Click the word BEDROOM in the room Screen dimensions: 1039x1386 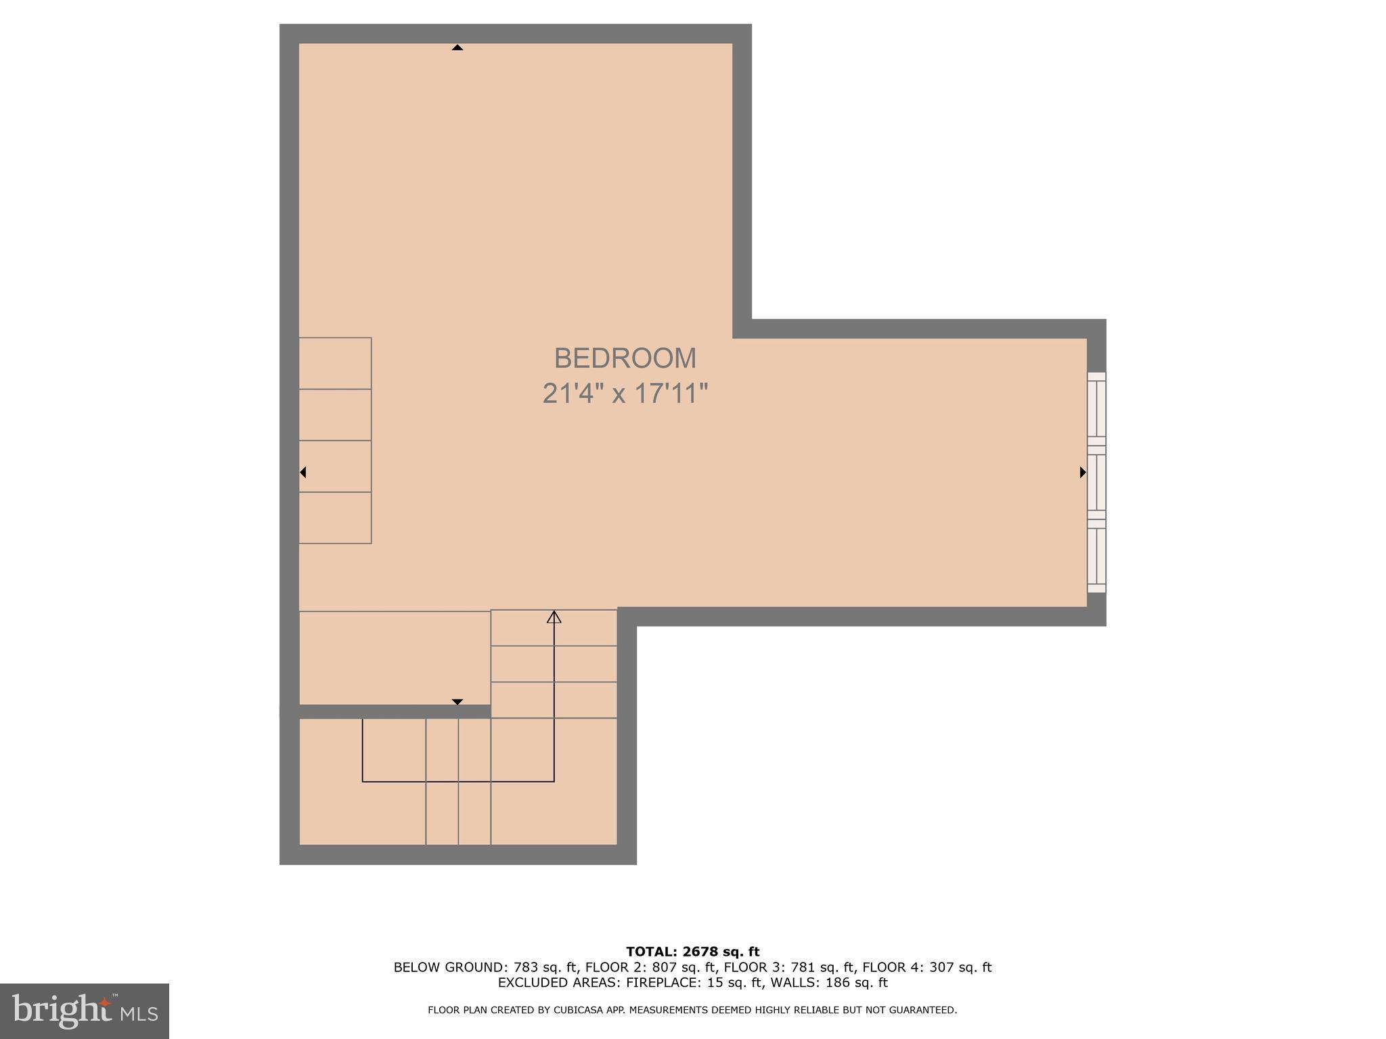[x=625, y=359]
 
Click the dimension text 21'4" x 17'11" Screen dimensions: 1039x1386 [x=625, y=394]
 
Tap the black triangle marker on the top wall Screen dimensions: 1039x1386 [x=457, y=47]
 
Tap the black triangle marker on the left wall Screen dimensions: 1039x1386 [x=303, y=472]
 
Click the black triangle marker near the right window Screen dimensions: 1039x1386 [x=1082, y=472]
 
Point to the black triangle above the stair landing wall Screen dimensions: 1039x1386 [x=457, y=701]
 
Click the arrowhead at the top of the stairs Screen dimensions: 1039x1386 [x=554, y=616]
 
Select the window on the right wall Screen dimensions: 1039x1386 [x=1096, y=482]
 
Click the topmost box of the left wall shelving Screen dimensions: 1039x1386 [x=335, y=363]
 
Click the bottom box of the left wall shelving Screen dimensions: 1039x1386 [x=335, y=517]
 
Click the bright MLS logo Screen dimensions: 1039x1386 [x=84, y=1011]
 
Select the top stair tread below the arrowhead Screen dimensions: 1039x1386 [x=554, y=628]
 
